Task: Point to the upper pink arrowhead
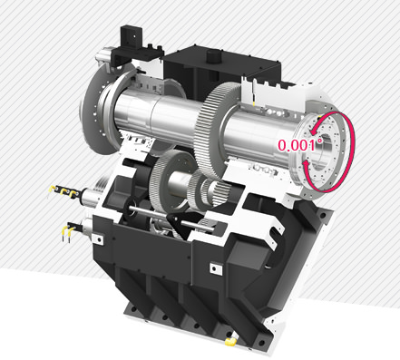(315, 131)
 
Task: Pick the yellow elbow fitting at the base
(231, 341)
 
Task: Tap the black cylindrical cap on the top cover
(213, 56)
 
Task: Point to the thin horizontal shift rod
(171, 219)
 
